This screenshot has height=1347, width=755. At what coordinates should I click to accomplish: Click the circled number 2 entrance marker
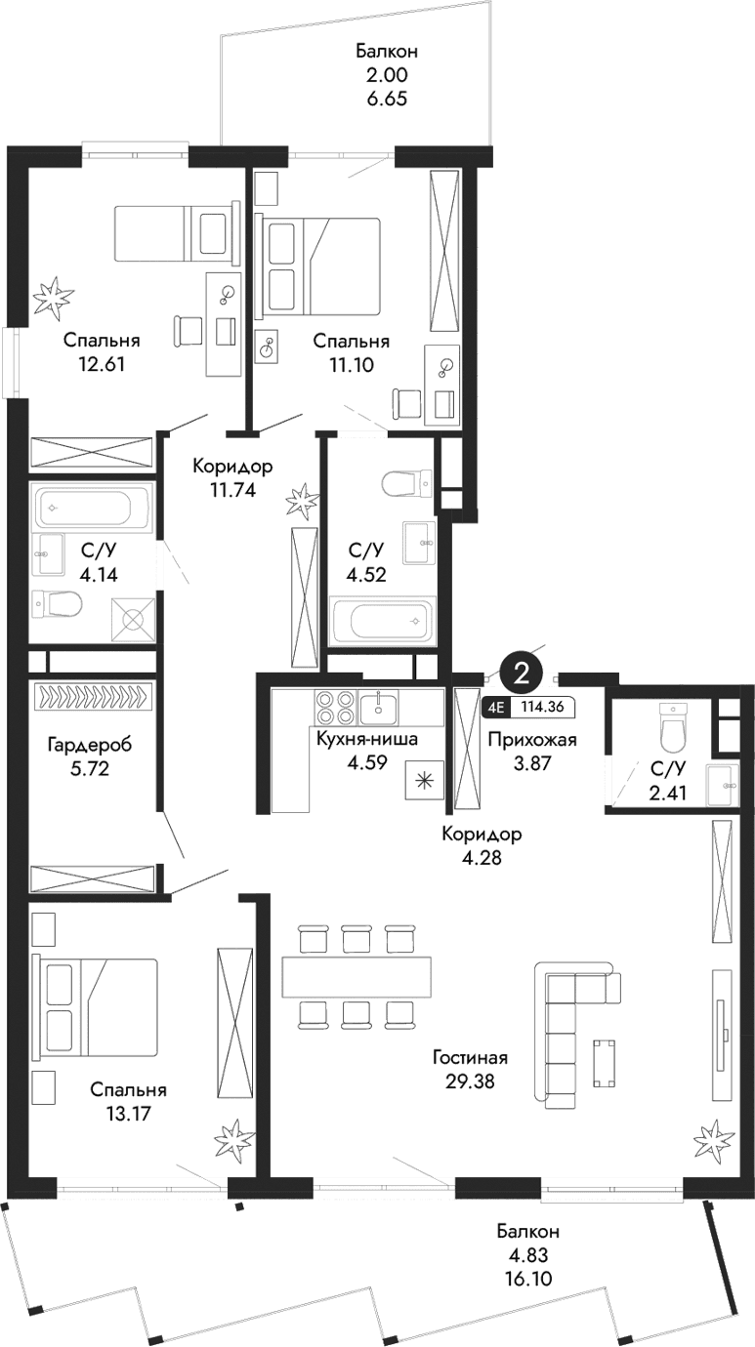pos(522,673)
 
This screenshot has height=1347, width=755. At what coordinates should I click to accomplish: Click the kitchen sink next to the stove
pos(377,706)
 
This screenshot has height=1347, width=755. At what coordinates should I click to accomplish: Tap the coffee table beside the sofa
pos(605,1063)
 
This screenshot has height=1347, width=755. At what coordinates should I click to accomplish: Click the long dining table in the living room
pos(357,976)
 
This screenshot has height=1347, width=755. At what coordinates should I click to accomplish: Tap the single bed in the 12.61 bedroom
pos(176,233)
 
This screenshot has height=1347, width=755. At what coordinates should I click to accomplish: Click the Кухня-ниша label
pos(366,740)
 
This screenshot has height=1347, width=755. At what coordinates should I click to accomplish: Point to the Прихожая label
pos(531,740)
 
